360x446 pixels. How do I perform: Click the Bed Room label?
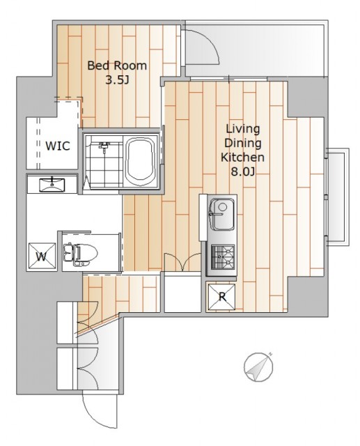coord(117,66)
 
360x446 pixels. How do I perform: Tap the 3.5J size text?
coord(118,81)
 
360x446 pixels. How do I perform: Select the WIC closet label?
coord(58,146)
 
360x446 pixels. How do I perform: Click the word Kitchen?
coord(242,157)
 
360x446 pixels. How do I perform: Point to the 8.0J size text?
coord(242,172)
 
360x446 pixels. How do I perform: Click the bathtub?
coord(141,161)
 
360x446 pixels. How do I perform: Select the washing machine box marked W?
coord(42,256)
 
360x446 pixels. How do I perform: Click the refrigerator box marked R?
coord(221,297)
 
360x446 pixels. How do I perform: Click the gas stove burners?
coord(222,257)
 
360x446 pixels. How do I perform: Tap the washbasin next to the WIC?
coord(52,185)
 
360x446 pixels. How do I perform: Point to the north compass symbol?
coord(258,367)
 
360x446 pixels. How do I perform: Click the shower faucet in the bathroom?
coord(104,146)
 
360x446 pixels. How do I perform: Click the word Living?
coord(243,129)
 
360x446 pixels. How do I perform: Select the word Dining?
coord(242,143)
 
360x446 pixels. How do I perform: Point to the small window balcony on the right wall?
coord(337,197)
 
